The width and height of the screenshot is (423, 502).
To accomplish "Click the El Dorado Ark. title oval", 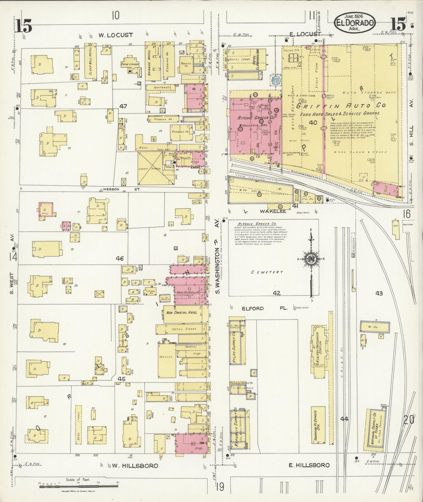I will pos(355,23).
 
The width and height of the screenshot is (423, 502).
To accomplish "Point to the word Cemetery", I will pos(267,272).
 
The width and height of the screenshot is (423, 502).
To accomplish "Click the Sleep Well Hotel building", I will pos(88,61).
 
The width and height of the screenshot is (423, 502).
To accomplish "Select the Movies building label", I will pos(166,357).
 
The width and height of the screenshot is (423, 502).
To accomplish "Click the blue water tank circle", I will pos(275,81).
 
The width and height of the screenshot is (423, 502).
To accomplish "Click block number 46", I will pos(120,258).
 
